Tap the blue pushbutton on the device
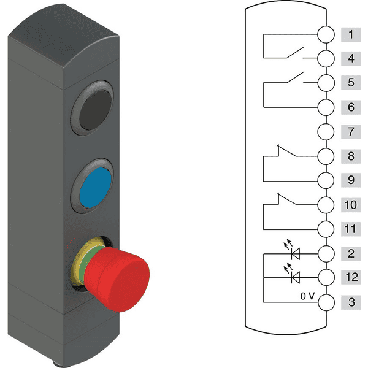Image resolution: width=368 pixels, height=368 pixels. point(95,188)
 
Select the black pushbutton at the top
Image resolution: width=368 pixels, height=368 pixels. point(95,110)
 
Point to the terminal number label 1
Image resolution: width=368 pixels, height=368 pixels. point(351,35)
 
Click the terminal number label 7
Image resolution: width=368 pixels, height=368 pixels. point(351,132)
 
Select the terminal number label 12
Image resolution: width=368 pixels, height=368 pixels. point(351,277)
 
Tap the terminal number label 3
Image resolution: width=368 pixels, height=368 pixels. point(351,302)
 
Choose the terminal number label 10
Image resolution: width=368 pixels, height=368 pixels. point(351,205)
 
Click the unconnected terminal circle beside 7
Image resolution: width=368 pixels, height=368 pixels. point(326,132)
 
